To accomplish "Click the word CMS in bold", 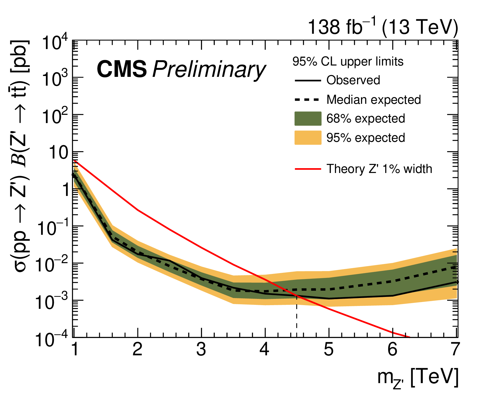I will click(122, 69).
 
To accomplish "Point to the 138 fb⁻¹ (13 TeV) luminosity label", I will click(383, 28).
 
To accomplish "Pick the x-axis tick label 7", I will click(455, 350).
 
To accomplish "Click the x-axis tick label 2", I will click(137, 350).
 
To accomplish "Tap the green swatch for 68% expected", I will click(308, 119).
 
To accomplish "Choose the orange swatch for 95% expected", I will click(308, 138).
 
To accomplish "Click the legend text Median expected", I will click(373, 100).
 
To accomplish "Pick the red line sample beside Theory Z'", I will click(308, 169).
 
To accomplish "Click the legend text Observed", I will click(353, 80).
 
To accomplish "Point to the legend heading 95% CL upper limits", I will click(348, 62).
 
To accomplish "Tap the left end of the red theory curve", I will click(74, 161).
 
